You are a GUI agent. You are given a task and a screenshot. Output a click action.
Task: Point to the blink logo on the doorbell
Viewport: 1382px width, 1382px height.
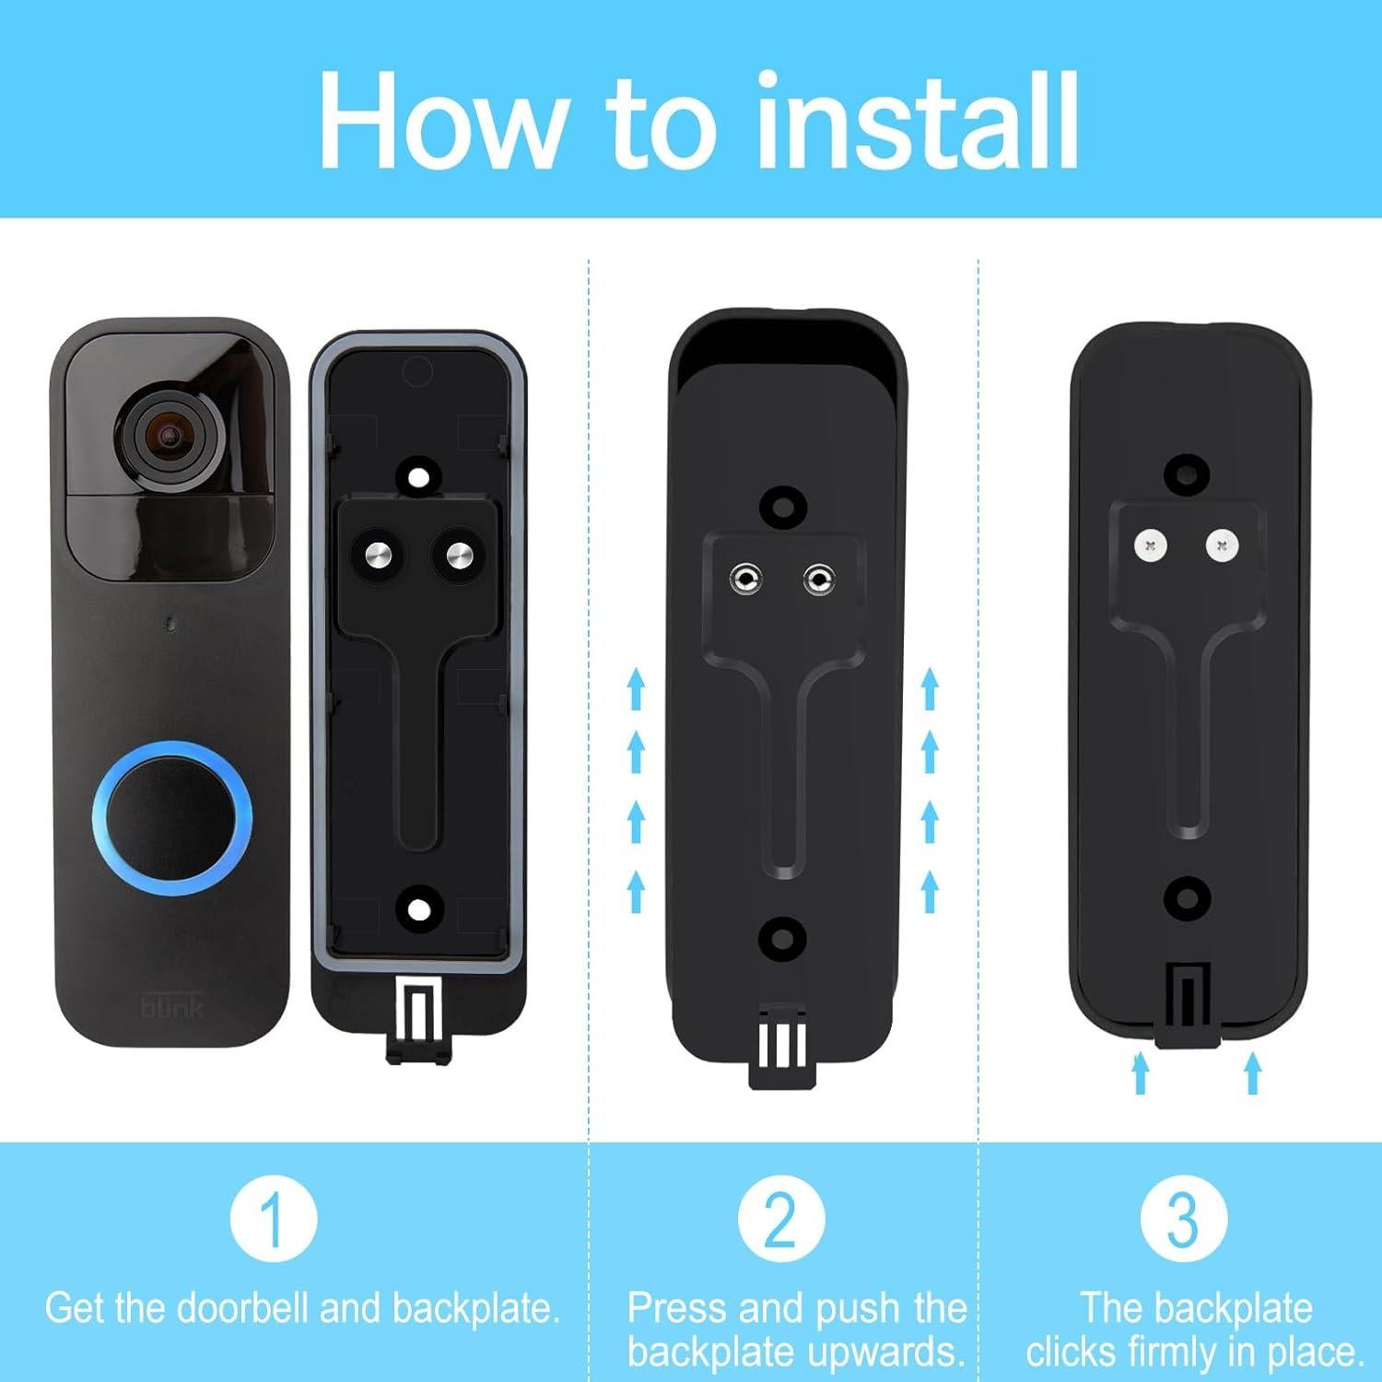click(x=171, y=1005)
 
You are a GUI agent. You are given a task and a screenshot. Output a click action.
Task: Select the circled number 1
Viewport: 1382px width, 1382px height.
click(x=274, y=1218)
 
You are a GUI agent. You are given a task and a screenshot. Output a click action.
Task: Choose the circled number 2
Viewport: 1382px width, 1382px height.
click(x=781, y=1218)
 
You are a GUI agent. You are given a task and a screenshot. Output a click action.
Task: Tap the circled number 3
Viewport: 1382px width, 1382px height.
click(x=1183, y=1218)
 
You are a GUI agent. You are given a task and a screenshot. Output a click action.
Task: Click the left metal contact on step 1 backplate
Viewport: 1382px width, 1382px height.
click(x=378, y=556)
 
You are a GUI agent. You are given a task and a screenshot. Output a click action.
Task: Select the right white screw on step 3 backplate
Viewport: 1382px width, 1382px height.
click(x=1222, y=546)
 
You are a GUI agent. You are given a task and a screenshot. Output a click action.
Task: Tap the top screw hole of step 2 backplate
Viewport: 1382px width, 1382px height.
click(x=784, y=505)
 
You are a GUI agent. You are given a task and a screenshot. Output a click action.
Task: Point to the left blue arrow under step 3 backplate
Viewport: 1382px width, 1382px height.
click(x=1141, y=1073)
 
